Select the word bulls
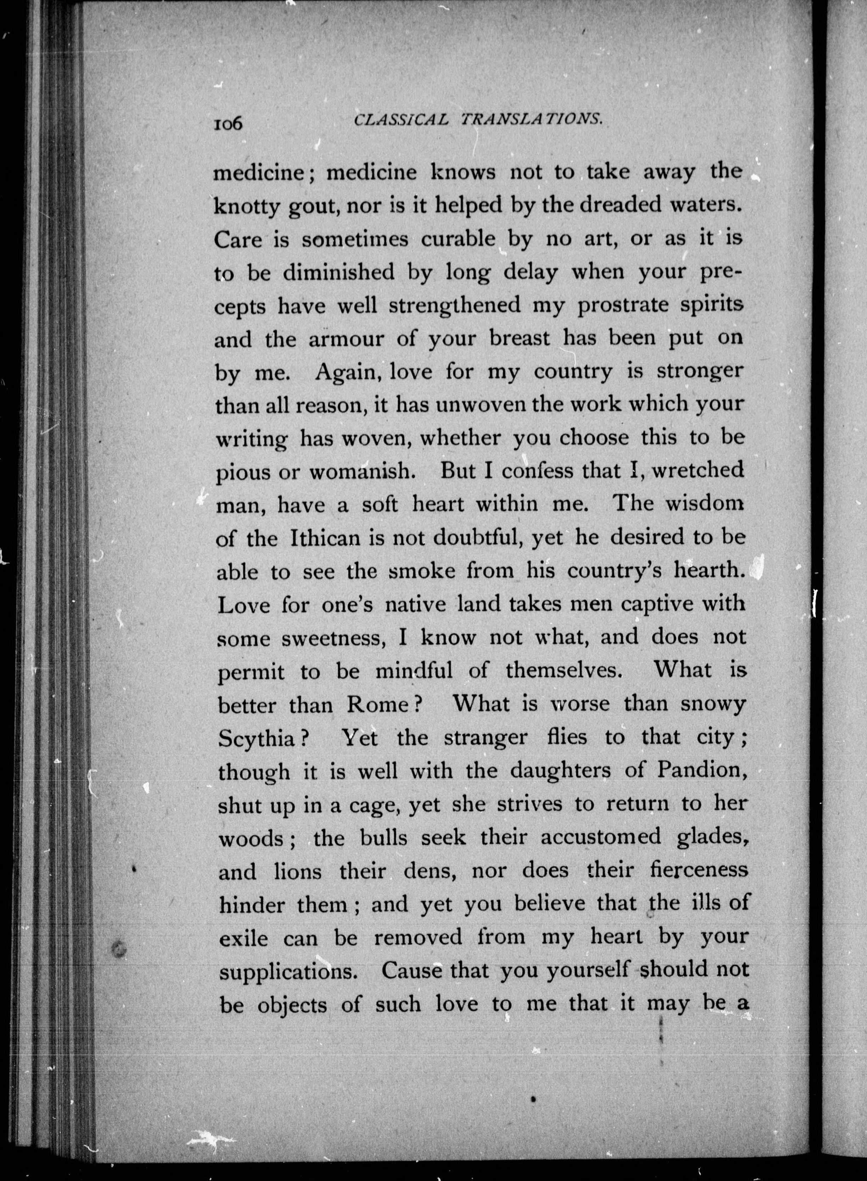pyautogui.click(x=384, y=837)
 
